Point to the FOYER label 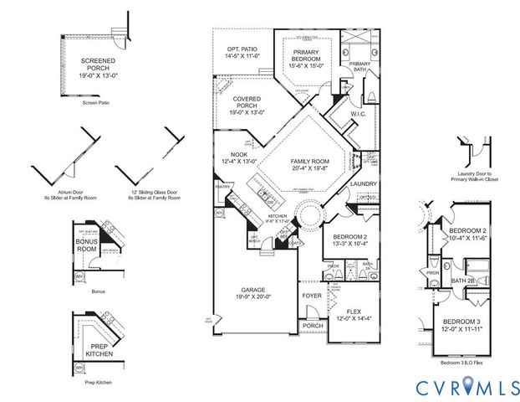pyautogui.click(x=310, y=296)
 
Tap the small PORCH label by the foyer pyautogui.click(x=313, y=326)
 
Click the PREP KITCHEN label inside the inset pyautogui.click(x=93, y=349)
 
